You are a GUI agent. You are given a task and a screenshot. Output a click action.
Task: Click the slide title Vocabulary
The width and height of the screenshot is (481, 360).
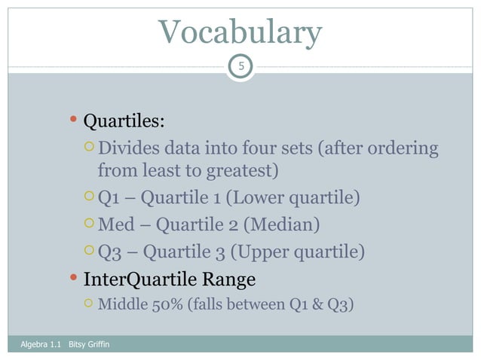pyautogui.click(x=240, y=32)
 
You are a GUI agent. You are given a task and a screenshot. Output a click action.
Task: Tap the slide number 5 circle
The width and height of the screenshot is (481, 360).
pyautogui.click(x=240, y=68)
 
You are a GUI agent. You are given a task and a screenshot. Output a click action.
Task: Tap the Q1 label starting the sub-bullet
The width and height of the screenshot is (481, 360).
pyautogui.click(x=110, y=198)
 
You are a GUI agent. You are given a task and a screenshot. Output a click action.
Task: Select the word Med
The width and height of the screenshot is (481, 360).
pyautogui.click(x=114, y=224)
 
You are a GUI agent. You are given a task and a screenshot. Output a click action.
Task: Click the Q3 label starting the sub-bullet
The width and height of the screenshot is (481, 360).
pyautogui.click(x=111, y=251)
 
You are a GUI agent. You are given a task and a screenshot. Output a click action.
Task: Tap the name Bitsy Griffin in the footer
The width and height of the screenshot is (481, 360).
pyautogui.click(x=89, y=345)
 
